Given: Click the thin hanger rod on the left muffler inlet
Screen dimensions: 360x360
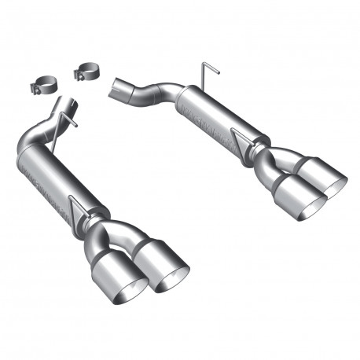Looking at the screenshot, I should click(x=73, y=120).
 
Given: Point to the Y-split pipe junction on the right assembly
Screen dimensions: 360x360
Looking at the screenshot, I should click(x=271, y=157).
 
